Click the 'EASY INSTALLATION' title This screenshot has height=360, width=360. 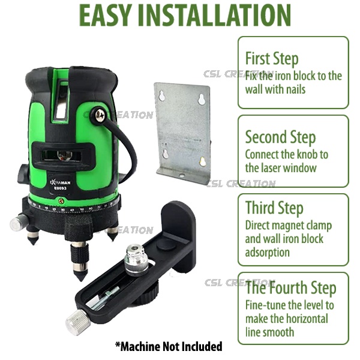[185, 15]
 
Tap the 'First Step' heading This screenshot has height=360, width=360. [272, 58]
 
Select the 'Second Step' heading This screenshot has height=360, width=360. [281, 137]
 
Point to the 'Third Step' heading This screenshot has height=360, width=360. [274, 208]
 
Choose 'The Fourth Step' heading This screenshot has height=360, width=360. [291, 287]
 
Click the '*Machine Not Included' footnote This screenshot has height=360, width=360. [169, 346]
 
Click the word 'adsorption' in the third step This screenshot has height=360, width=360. [268, 253]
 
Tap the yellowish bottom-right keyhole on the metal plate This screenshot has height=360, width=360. [202, 161]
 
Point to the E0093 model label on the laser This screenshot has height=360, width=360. [60, 188]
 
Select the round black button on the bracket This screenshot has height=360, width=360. [166, 244]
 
